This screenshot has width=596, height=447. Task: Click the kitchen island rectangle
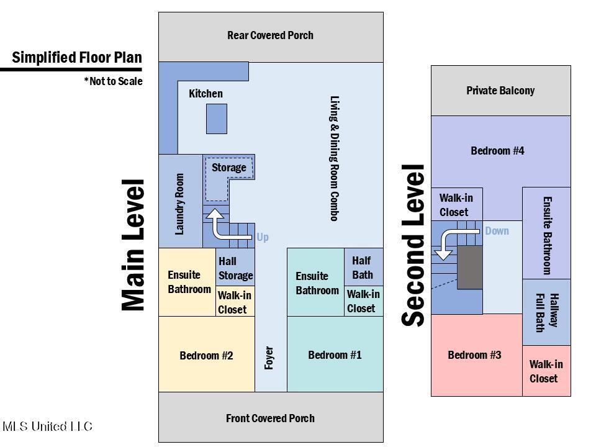coord(216,119)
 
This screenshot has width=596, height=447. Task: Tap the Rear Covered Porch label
coord(270,35)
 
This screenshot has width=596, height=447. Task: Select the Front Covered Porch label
coord(270,418)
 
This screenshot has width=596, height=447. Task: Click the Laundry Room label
coord(180,204)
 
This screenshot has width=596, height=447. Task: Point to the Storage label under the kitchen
coord(228,168)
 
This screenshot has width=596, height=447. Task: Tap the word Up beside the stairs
coord(263,237)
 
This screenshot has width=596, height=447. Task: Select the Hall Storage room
coord(235,268)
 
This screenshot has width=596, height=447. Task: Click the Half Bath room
coord(363,267)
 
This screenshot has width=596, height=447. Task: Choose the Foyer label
coord(269,358)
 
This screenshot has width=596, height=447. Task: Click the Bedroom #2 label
coord(206,356)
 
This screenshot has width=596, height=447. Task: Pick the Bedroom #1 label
coord(335,355)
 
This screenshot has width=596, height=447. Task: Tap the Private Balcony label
coord(500,91)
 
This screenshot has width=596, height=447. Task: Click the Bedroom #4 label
coord(497,151)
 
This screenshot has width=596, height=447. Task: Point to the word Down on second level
coord(497,231)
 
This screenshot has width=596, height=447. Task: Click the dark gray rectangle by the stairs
coord(470,267)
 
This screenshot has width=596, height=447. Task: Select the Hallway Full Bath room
coord(546,312)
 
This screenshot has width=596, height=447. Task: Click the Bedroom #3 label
coord(474,355)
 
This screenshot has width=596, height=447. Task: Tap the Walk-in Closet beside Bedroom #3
coord(546,371)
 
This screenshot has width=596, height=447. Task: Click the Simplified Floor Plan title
coord(77,58)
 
